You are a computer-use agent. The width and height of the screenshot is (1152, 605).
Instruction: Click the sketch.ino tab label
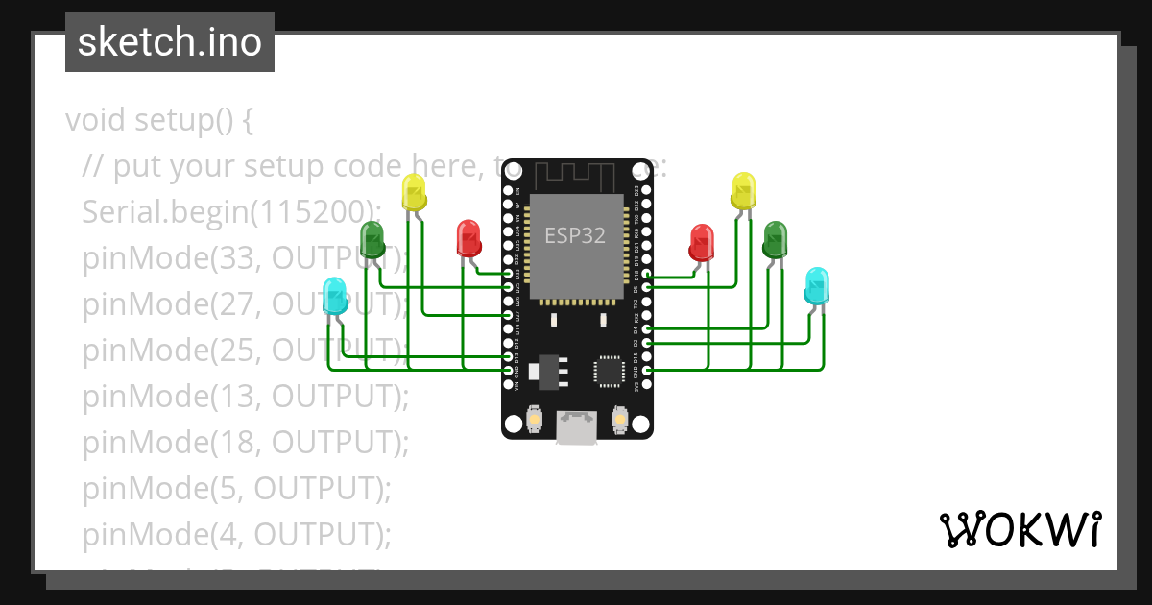point(169,42)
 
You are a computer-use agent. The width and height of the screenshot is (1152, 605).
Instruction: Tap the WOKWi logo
point(1020,529)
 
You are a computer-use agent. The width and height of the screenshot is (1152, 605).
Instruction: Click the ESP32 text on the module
point(575,235)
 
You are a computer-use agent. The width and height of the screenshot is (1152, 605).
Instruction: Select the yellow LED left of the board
point(414,192)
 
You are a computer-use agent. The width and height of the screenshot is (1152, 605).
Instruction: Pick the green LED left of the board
point(372,239)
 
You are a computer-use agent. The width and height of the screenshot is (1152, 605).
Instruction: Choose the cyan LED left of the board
point(334,295)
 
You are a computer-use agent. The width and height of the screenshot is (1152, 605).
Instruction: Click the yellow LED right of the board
point(743,190)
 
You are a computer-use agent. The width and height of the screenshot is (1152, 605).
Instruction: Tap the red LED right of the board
point(702,242)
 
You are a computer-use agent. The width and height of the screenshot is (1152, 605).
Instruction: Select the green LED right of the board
point(775,239)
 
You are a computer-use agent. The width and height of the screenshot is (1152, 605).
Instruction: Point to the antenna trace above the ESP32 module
point(575,176)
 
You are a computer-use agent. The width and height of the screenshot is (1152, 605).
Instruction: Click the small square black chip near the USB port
point(609,372)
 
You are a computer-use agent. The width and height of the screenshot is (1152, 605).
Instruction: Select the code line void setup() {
point(158,121)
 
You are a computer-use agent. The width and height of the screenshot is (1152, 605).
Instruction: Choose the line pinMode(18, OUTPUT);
point(246,442)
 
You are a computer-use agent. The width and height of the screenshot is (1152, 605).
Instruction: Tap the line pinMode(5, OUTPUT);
point(237,488)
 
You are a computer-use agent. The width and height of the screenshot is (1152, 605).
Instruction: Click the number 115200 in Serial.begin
point(310,212)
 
